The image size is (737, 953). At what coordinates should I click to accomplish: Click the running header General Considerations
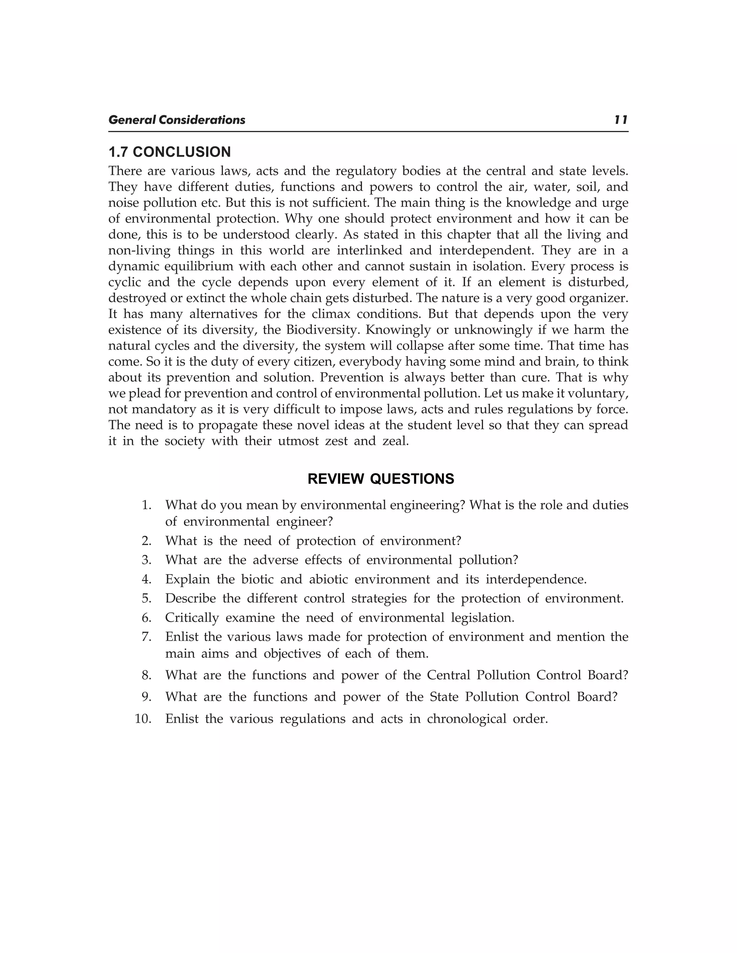[177, 120]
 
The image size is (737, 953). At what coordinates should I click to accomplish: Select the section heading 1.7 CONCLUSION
[169, 152]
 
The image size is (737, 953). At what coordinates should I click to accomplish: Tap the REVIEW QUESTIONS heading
[381, 479]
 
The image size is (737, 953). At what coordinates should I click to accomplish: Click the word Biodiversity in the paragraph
[323, 330]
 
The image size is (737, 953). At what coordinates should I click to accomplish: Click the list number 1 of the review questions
[147, 505]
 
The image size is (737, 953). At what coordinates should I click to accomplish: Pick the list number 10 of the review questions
[143, 719]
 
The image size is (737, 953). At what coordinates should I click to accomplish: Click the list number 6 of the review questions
[147, 618]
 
